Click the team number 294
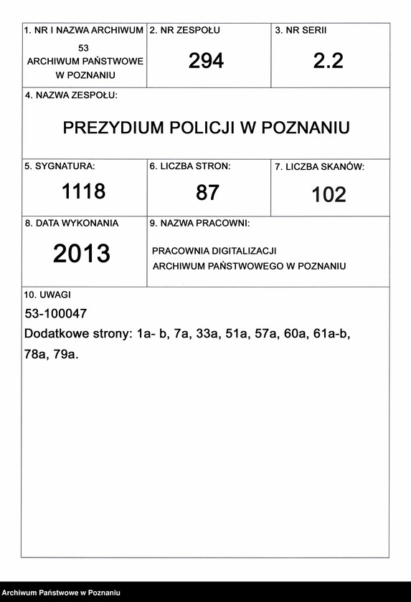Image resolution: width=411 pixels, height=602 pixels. [206, 61]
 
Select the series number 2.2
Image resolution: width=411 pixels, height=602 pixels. [329, 61]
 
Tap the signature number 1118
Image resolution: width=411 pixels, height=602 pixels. [83, 191]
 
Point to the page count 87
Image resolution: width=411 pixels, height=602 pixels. [207, 192]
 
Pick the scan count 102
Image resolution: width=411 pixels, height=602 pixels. [329, 194]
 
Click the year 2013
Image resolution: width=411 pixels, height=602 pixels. [82, 254]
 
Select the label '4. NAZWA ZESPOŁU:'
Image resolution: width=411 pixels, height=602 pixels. [71, 95]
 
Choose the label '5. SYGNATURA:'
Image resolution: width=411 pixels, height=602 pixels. [60, 166]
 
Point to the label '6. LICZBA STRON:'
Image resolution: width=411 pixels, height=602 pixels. [189, 166]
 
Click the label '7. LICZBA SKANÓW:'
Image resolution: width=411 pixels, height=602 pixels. [319, 167]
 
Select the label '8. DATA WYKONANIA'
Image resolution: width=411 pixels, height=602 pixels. [72, 223]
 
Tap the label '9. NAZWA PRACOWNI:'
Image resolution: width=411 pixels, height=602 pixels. [199, 224]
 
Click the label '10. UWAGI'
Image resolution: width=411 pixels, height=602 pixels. [47, 295]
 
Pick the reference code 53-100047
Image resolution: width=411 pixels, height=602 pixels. [55, 314]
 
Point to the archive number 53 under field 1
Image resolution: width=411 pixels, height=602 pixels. [84, 47]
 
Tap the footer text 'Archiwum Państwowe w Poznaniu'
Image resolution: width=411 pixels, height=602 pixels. [60, 593]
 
